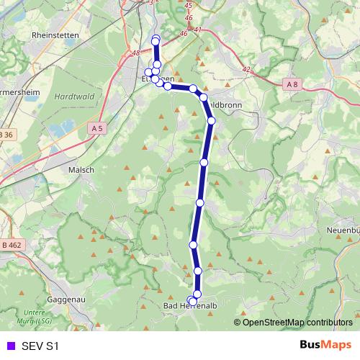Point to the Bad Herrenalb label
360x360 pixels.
(x=190, y=307)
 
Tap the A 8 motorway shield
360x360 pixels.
(x=291, y=84)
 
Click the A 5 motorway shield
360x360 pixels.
(x=98, y=127)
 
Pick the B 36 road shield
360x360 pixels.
(x=6, y=134)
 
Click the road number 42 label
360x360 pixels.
(x=247, y=70)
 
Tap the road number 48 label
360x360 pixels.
(x=136, y=53)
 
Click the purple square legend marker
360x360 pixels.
(x=10, y=346)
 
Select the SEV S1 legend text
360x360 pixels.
(x=40, y=346)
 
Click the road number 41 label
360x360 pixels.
(x=197, y=30)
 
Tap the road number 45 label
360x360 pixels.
(x=189, y=5)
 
